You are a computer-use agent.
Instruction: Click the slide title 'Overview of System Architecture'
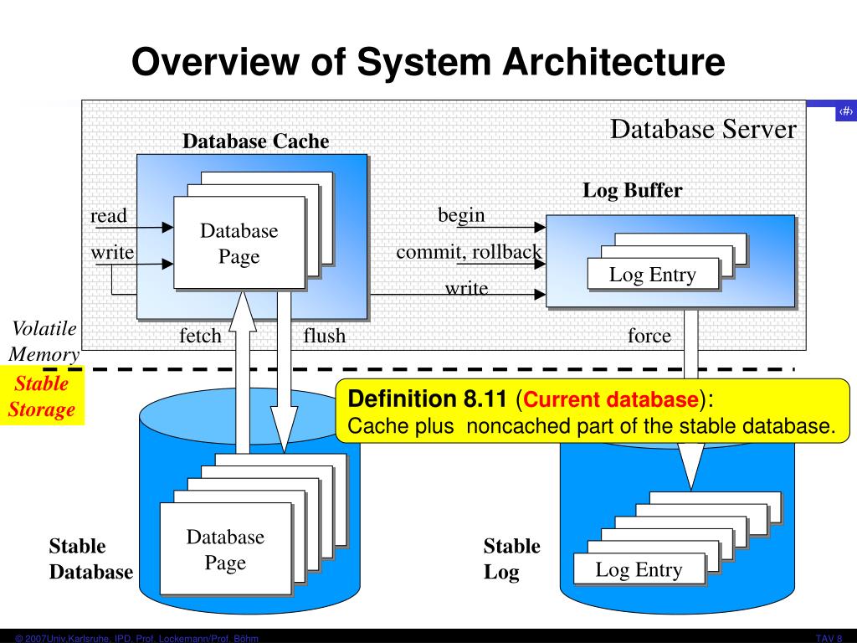(x=428, y=63)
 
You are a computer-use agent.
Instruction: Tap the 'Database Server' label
(x=703, y=130)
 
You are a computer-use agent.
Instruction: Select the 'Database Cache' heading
(x=256, y=141)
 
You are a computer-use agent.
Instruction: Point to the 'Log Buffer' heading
(x=633, y=190)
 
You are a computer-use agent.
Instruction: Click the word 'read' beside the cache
(x=109, y=216)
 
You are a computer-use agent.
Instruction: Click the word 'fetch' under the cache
(x=200, y=337)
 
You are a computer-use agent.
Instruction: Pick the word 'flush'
(x=324, y=337)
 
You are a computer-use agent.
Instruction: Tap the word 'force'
(x=649, y=337)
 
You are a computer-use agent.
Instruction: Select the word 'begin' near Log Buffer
(x=461, y=215)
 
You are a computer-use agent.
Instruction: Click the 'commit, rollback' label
(x=469, y=252)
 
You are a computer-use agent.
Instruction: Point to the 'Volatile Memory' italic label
(x=44, y=341)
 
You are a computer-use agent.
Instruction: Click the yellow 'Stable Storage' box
(x=42, y=396)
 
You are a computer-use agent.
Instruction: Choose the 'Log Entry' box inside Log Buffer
(x=653, y=275)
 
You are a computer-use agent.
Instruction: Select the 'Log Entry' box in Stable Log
(x=639, y=570)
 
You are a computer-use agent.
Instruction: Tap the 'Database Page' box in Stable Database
(x=225, y=549)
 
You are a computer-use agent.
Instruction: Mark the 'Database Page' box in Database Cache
(x=239, y=243)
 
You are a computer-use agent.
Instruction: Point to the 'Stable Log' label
(x=511, y=558)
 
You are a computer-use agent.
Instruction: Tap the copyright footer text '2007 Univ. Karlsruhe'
(x=84, y=638)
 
